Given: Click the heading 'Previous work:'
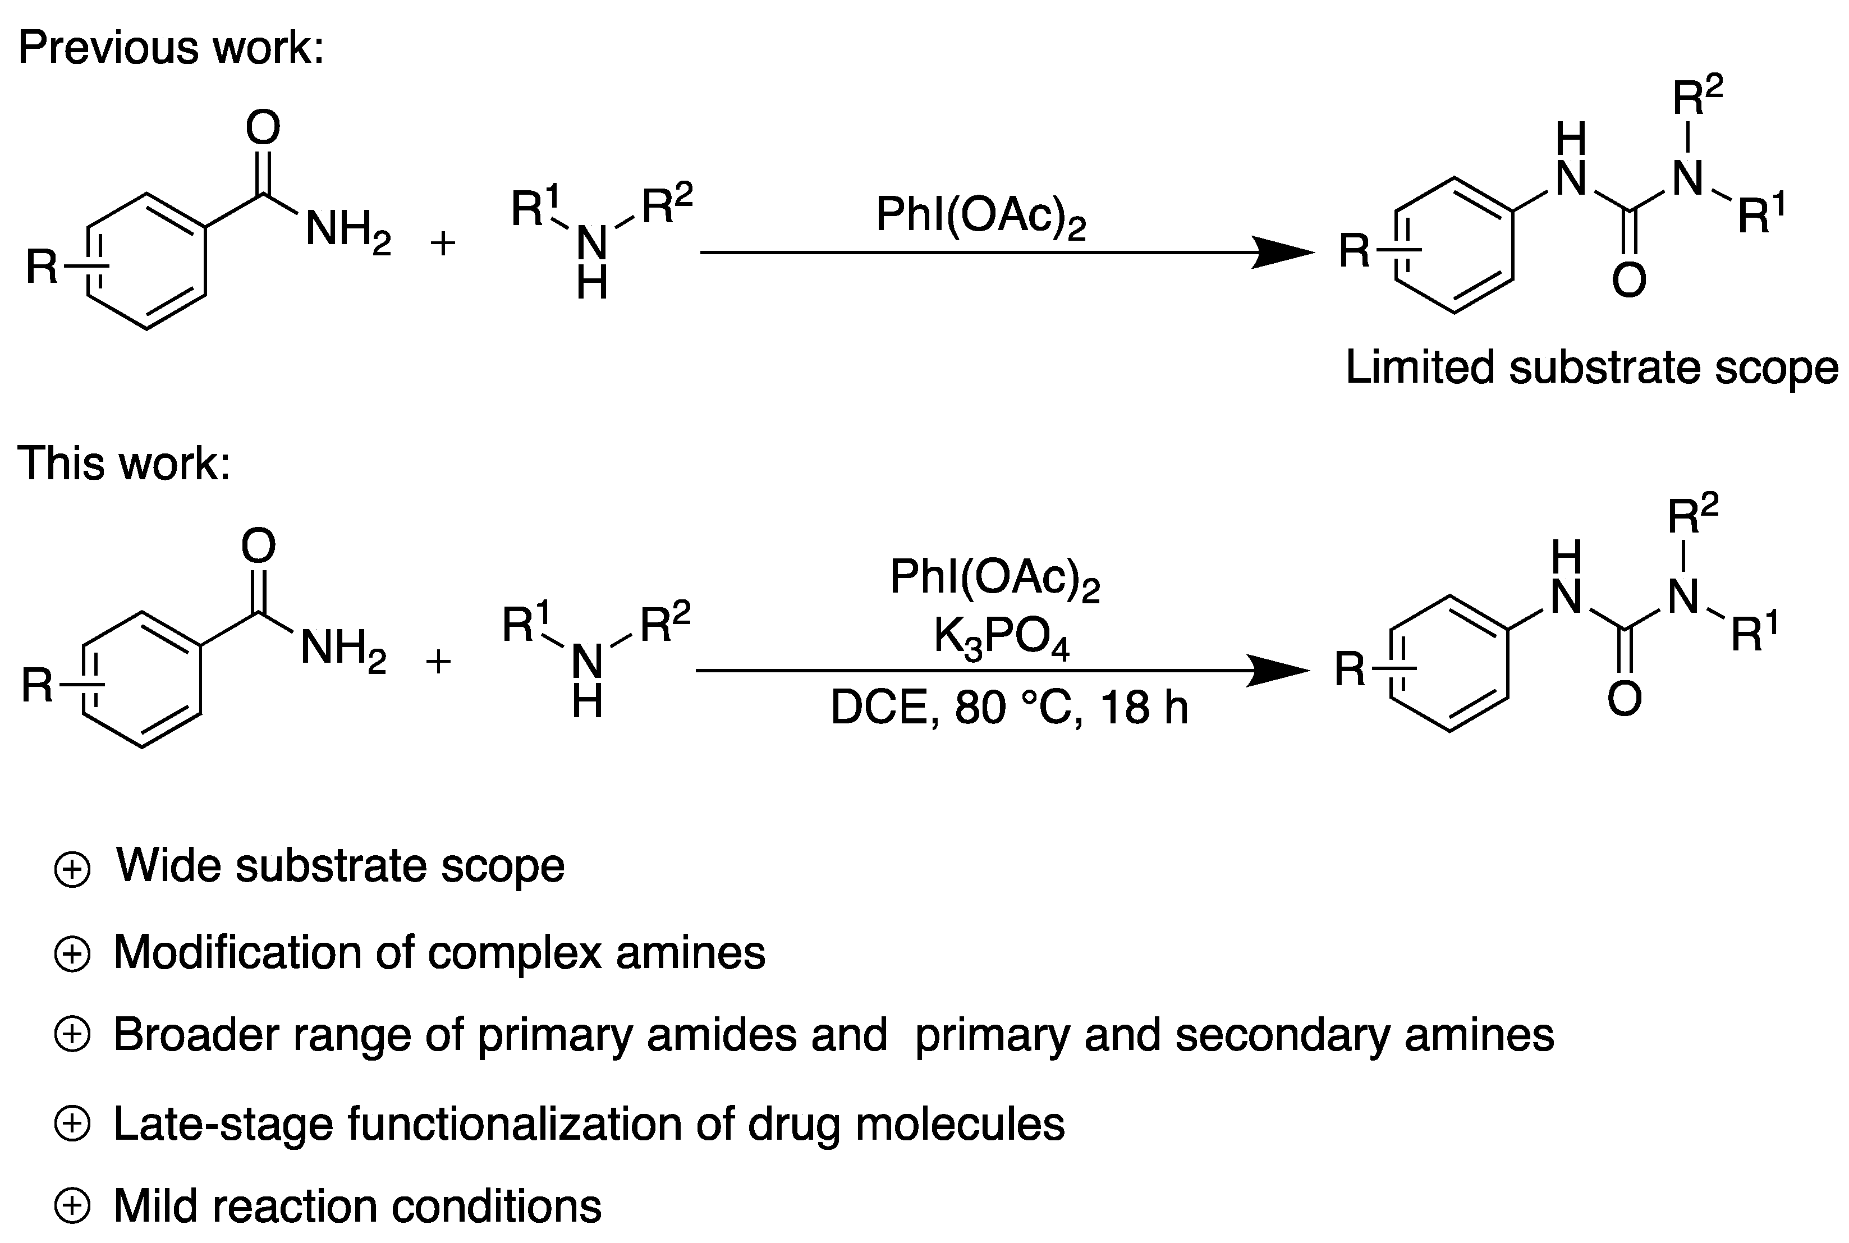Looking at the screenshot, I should tap(171, 48).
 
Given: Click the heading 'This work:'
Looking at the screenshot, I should tap(123, 464).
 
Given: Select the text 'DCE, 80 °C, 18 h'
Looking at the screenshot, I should tap(1008, 708).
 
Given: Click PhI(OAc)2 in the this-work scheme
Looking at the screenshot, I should tap(994, 578).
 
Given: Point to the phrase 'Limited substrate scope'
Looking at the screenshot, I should tap(1591, 369).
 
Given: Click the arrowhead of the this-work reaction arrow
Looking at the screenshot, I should tap(1279, 671).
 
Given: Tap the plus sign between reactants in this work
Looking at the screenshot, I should tap(438, 661).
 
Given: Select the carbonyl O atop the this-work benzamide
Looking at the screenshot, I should tap(258, 546).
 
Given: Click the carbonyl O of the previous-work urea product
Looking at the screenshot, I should tap(1628, 281).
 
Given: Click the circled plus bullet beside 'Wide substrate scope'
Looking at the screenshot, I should tap(72, 870).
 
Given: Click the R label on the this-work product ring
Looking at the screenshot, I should tap(1349, 670).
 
